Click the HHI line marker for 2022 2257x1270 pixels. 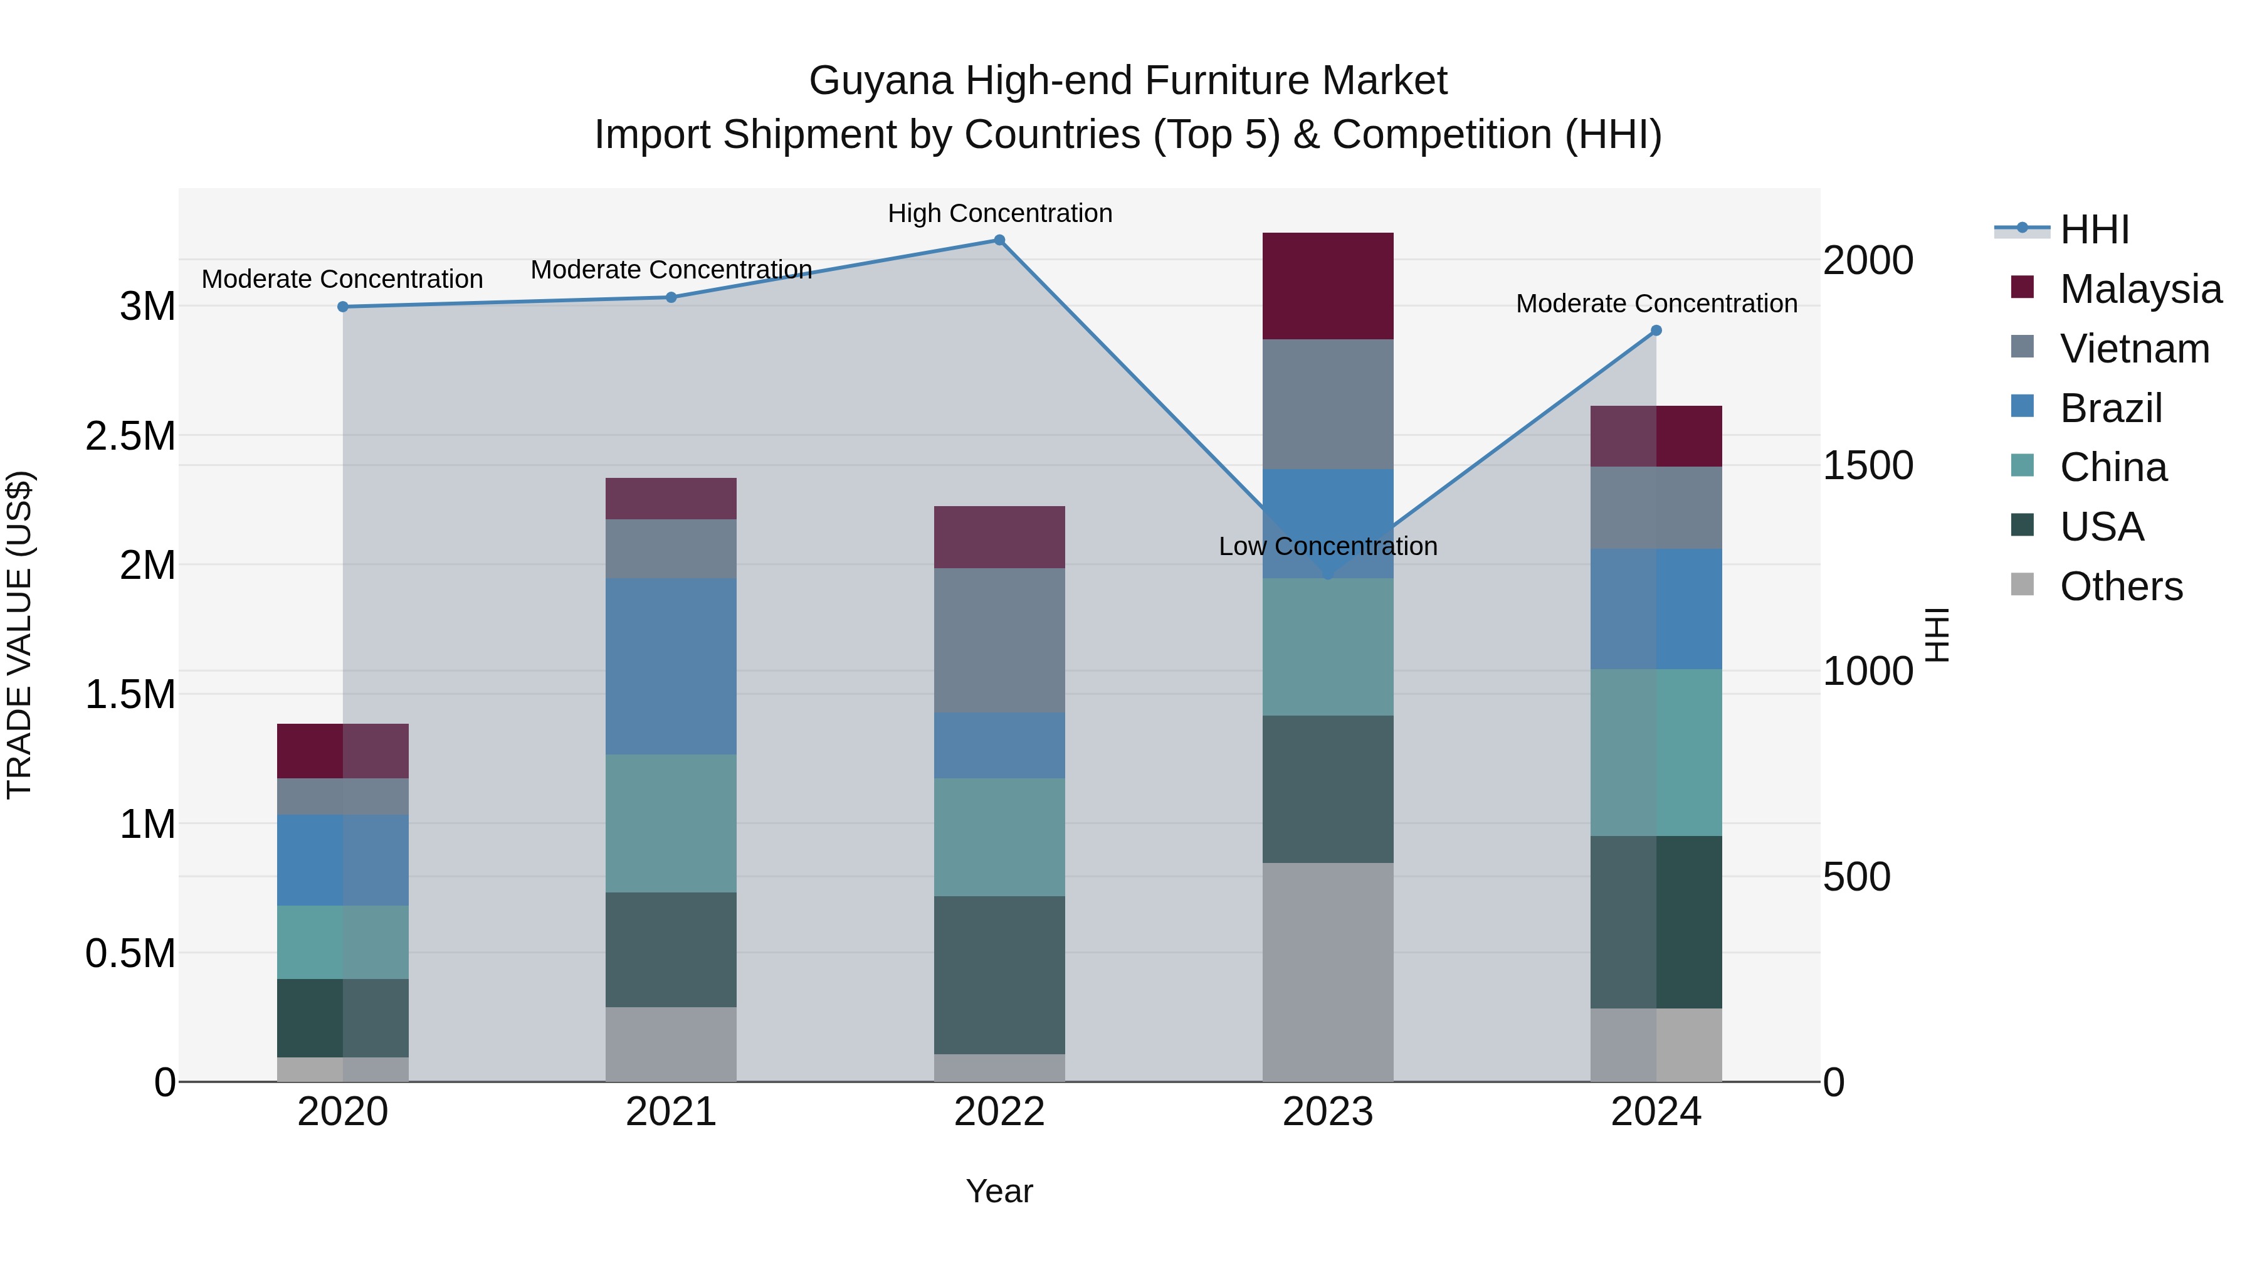(x=999, y=240)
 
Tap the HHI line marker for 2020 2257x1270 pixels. (x=342, y=307)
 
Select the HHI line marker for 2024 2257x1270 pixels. (x=1656, y=331)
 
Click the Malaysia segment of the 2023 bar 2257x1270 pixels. (x=1327, y=286)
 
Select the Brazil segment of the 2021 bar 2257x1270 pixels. (x=670, y=666)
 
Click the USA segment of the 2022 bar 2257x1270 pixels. (x=999, y=975)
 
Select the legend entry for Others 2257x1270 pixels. (x=2120, y=586)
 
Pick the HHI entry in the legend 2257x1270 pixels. (x=2093, y=230)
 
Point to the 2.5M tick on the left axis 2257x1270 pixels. (x=130, y=436)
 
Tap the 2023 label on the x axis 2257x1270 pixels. (x=1327, y=1112)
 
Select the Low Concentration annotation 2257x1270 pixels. (x=1327, y=546)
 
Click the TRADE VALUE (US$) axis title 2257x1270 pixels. (x=20, y=635)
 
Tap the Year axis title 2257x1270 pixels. (x=999, y=1191)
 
